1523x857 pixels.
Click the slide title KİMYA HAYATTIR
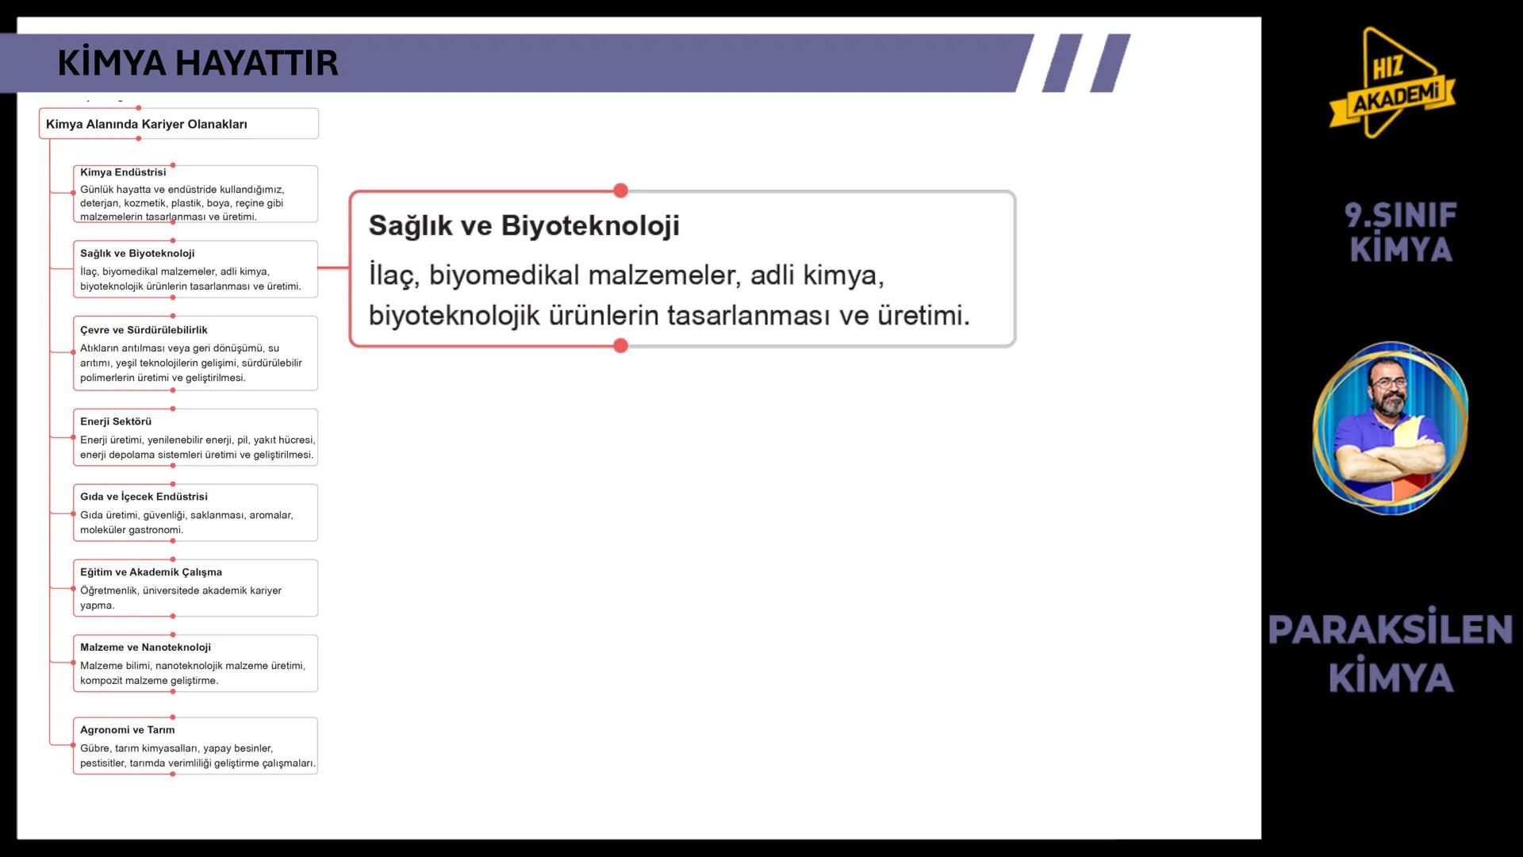198,63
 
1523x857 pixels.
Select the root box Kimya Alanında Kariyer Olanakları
147,125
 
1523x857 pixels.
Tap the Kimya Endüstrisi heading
123,172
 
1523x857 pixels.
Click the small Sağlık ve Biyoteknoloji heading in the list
137,254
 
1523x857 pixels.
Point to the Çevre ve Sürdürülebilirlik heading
144,330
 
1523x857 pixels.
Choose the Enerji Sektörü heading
116,421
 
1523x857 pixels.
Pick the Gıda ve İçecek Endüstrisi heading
144,497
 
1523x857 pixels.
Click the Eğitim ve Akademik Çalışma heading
151,572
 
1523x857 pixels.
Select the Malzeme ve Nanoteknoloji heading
145,648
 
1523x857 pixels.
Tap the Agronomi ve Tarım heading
127,730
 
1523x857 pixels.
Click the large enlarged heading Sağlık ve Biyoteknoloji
524,225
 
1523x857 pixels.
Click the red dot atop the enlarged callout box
620,190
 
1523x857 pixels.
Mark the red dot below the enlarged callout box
620,346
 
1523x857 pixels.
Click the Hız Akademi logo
1393,84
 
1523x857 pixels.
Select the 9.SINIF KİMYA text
1401,232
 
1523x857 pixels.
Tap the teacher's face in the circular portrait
1388,389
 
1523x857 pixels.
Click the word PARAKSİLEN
1390,630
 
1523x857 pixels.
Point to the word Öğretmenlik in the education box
109,590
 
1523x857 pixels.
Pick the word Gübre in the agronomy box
94,748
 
